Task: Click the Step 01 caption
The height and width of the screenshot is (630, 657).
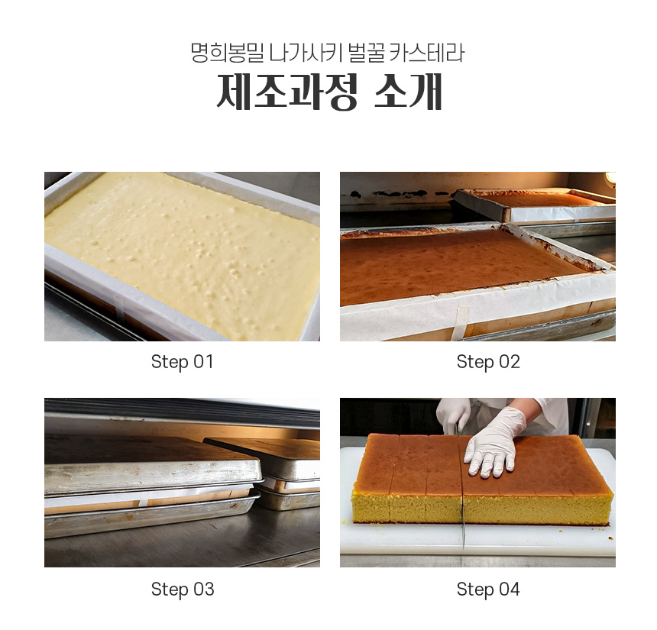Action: click(x=183, y=362)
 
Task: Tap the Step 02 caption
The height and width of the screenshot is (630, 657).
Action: click(x=488, y=362)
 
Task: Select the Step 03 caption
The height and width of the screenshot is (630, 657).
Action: click(x=183, y=590)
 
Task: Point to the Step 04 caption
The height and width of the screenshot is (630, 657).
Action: click(x=488, y=590)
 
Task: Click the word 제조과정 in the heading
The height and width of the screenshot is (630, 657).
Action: click(x=286, y=92)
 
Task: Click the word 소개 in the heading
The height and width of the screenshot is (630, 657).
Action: click(x=408, y=92)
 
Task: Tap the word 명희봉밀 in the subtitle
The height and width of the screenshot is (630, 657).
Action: click(x=228, y=53)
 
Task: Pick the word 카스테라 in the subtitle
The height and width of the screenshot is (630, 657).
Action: click(x=427, y=53)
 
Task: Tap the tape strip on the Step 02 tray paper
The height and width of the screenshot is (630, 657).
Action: click(x=461, y=322)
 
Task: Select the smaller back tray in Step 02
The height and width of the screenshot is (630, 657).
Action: click(x=534, y=205)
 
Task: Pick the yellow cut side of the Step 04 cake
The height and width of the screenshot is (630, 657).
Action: click(x=482, y=508)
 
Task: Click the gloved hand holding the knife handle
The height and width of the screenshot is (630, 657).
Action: click(x=453, y=414)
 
